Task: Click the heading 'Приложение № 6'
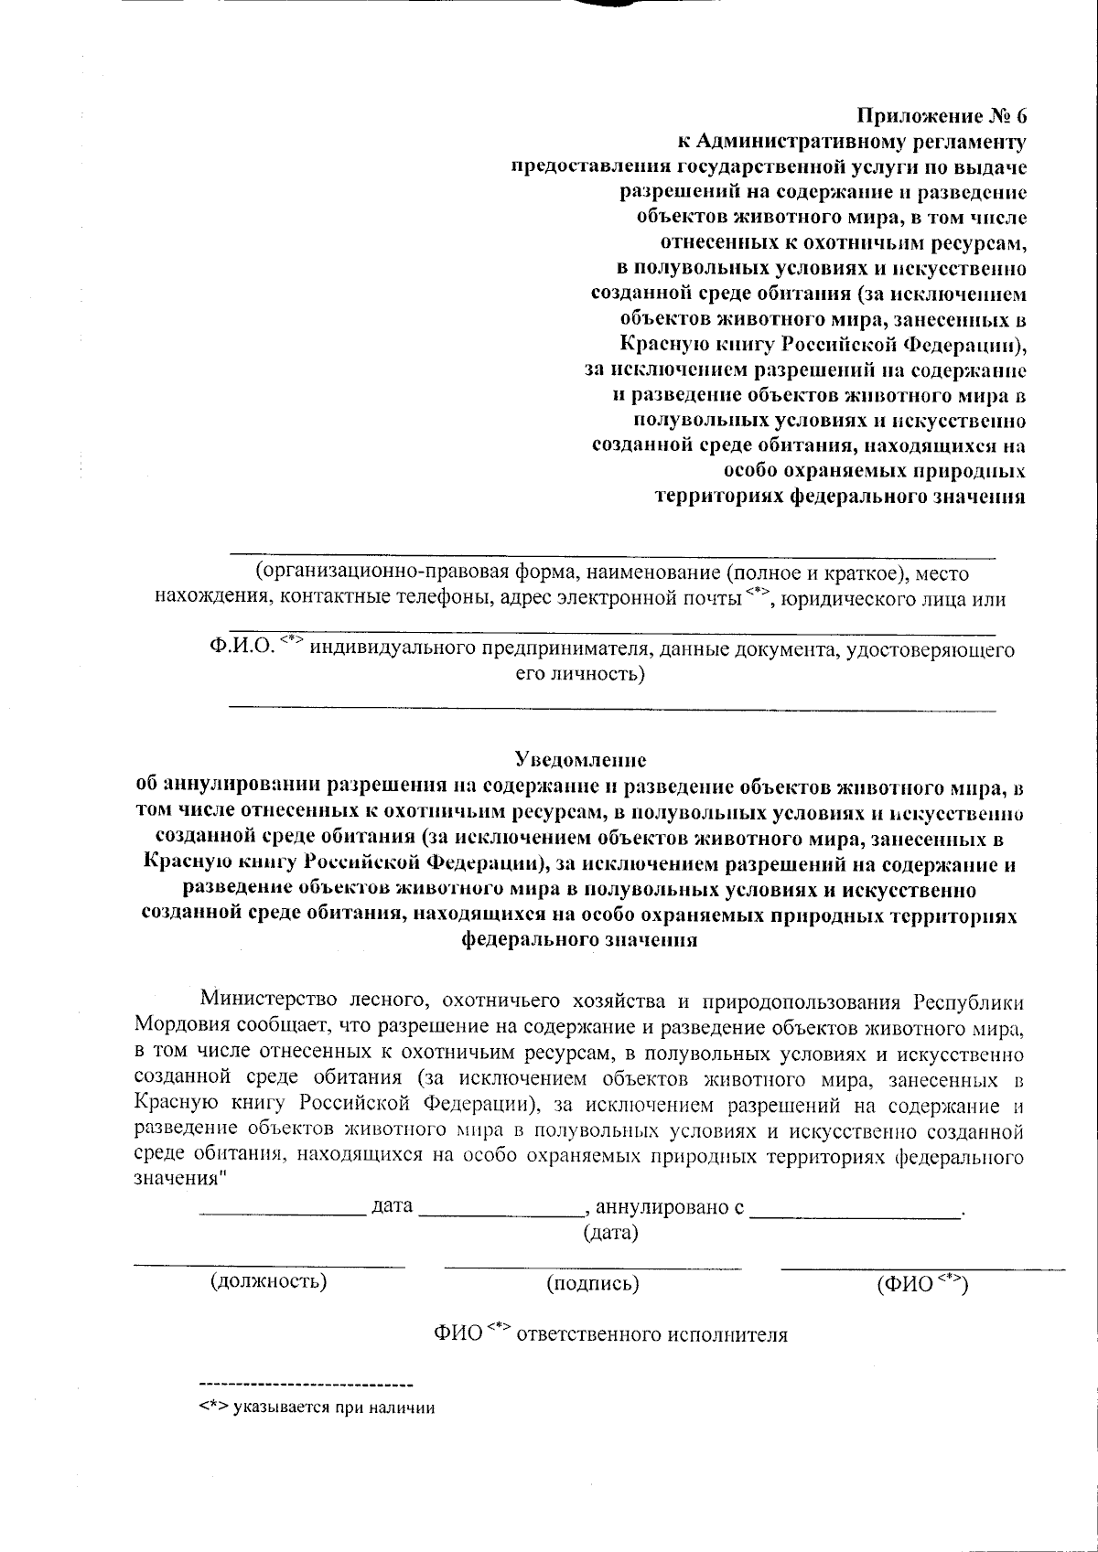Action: click(x=941, y=116)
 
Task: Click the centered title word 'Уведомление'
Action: click(x=580, y=759)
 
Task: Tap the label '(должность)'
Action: click(x=268, y=1280)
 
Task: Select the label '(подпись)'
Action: click(x=592, y=1283)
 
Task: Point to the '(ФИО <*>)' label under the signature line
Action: click(x=921, y=1283)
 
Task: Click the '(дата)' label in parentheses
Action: click(x=610, y=1233)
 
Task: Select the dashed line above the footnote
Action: click(x=306, y=1382)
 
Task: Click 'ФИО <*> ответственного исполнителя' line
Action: click(x=610, y=1334)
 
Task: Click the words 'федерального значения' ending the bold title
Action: click(x=580, y=940)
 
